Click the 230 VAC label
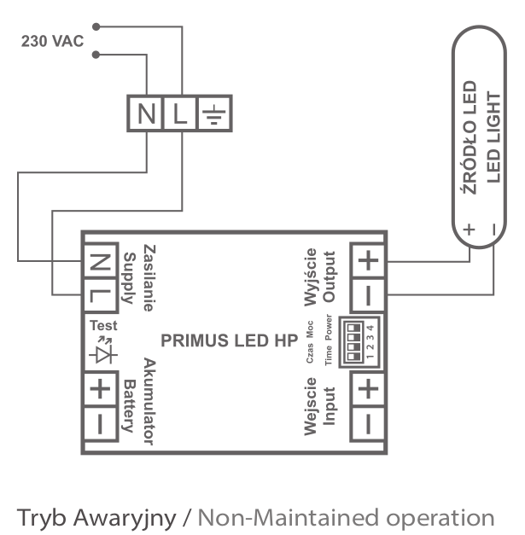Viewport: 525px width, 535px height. pyautogui.click(x=52, y=42)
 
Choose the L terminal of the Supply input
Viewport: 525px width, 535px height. pyautogui.click(x=100, y=297)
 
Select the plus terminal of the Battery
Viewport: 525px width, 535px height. pyautogui.click(x=100, y=389)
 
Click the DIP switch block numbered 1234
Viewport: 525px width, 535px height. pyautogui.click(x=358, y=341)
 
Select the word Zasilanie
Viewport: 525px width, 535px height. pyautogui.click(x=146, y=273)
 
